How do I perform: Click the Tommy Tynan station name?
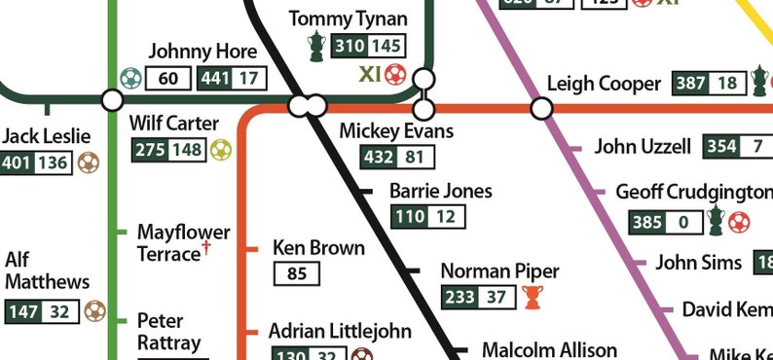tap(349, 19)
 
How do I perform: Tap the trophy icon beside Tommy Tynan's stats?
tap(316, 46)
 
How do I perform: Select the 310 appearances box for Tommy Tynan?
tap(350, 46)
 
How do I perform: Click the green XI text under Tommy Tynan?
tap(369, 74)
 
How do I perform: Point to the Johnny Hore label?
tap(202, 52)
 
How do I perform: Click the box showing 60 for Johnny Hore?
tap(167, 78)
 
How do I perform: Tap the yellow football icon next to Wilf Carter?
tap(221, 150)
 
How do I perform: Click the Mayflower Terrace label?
tap(183, 243)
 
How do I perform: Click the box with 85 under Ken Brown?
tap(297, 273)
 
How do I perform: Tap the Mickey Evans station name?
tap(396, 130)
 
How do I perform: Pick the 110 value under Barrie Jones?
tap(408, 217)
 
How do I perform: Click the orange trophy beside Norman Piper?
tap(531, 297)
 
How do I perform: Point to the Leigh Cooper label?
tap(604, 84)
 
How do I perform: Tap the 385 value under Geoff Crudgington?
tap(647, 222)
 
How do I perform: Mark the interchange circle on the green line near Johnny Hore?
tap(112, 99)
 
